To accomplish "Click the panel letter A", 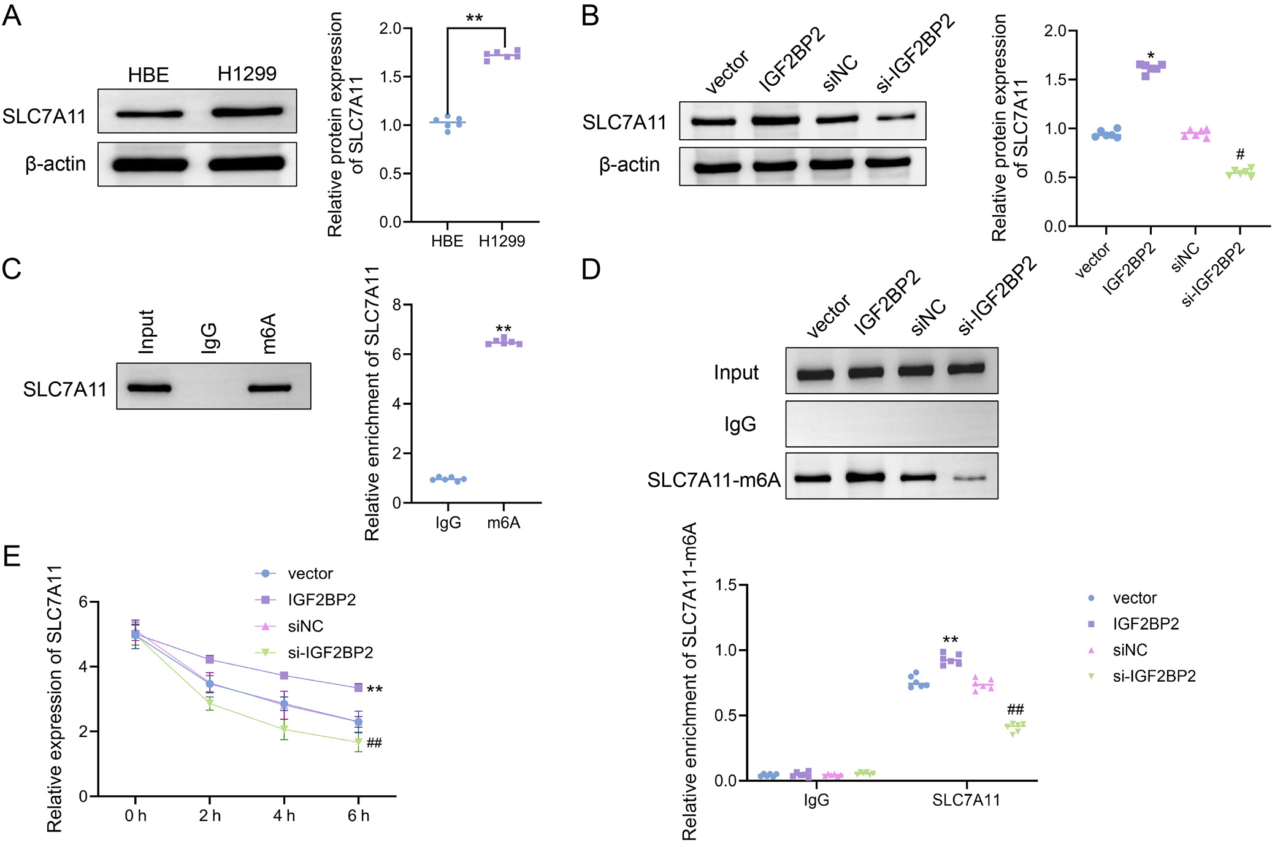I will [x=12, y=16].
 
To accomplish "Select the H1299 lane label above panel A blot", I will [x=247, y=74].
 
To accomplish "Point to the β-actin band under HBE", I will [x=150, y=164].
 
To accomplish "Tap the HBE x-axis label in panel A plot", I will [x=447, y=242].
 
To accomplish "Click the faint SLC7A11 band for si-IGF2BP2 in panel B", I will [x=895, y=117].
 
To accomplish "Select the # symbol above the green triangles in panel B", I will [x=1240, y=154].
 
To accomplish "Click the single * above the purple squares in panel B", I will [x=1151, y=56].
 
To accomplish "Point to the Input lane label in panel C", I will [x=147, y=332].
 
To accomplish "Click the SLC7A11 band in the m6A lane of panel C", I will [x=270, y=387].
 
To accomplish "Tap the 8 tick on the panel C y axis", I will [x=397, y=305].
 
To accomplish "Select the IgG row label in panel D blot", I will [x=740, y=424].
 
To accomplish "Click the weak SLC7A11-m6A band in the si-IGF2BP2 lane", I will [x=969, y=478].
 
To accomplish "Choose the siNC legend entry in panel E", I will [x=305, y=627].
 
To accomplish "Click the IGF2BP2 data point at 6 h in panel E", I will [x=358, y=688].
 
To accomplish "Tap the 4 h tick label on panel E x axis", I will [x=284, y=816].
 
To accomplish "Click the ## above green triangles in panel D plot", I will [x=1015, y=710].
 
